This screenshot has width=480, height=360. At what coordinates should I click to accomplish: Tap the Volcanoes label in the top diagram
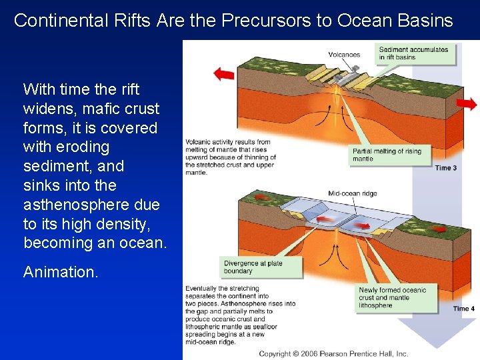pos(344,55)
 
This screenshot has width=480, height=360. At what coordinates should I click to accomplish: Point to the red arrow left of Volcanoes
pos(223,73)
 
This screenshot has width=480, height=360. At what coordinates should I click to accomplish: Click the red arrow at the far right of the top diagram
pos(467,103)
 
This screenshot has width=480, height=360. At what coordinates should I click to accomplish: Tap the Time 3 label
pos(446,168)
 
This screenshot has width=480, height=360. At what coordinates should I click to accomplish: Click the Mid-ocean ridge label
pos(352,193)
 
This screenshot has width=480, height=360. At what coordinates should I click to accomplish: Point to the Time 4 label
pos(464,309)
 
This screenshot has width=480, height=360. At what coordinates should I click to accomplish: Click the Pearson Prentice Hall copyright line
pos(333,353)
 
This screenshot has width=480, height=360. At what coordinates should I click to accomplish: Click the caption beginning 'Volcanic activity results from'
pos(230,157)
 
